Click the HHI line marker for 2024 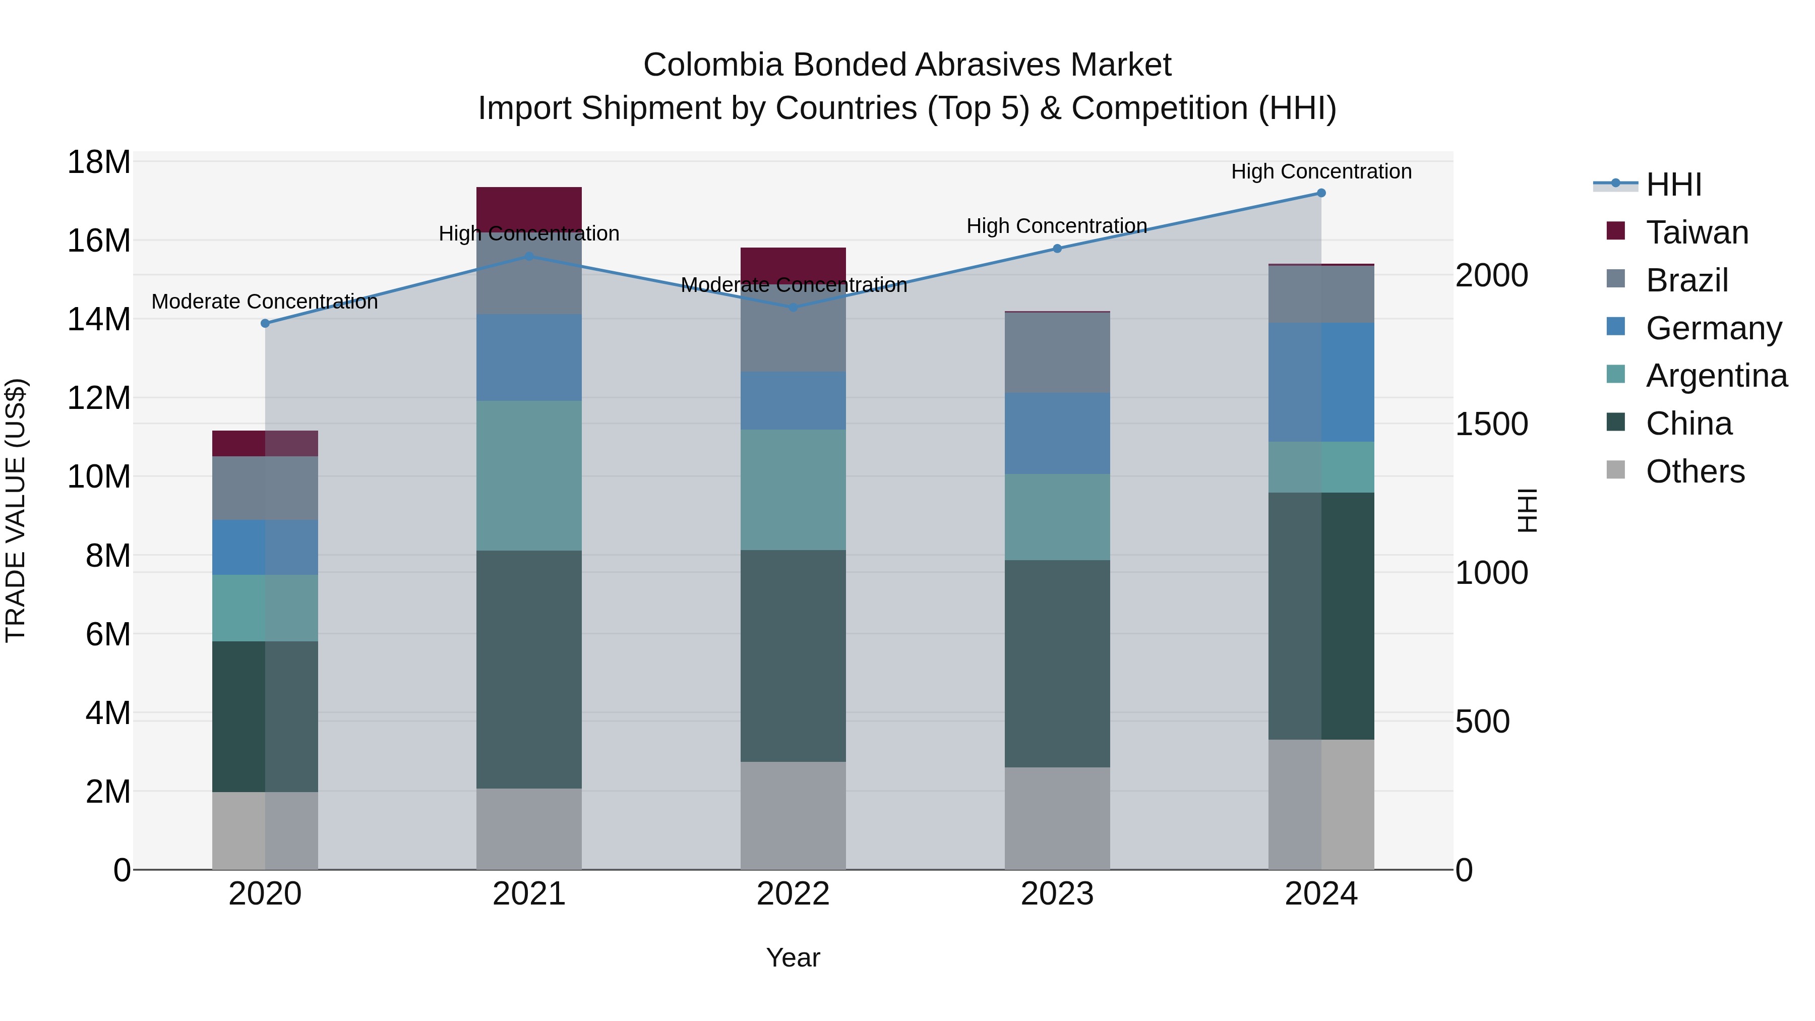coord(1321,193)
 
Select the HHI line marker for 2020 coord(265,323)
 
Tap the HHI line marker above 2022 coord(793,307)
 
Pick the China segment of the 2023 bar coord(1057,663)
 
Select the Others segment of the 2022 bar coord(793,815)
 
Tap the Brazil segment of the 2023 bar coord(1057,352)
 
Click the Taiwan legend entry coord(1697,232)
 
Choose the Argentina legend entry coord(1716,376)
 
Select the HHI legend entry coord(1673,185)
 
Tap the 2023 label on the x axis coord(1057,894)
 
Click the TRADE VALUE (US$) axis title coord(16,510)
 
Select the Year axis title coord(793,957)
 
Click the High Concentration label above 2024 coord(1321,171)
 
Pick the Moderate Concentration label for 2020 coord(265,302)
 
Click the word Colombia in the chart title coord(712,65)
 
